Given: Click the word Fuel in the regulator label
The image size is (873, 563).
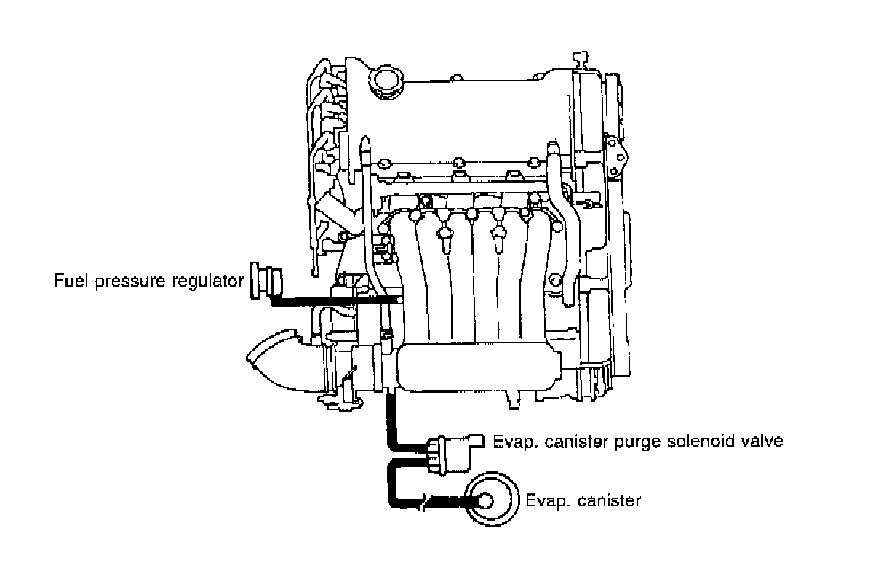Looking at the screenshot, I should coord(68,281).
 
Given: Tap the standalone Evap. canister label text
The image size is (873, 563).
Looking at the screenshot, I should coord(583,500).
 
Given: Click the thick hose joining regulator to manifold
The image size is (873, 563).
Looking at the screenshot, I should coord(335,300).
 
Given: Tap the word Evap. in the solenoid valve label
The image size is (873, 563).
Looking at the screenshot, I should coord(511,442).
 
